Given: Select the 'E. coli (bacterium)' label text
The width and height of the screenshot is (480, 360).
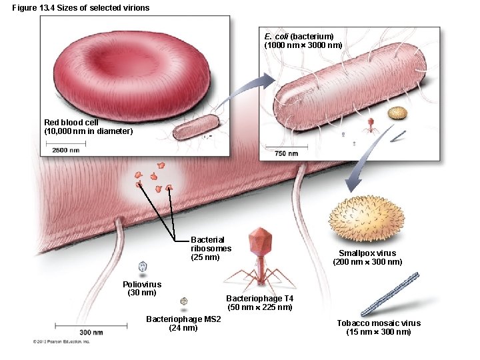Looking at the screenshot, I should click(x=299, y=36).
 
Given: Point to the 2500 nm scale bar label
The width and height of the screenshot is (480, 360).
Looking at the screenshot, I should click(x=66, y=150).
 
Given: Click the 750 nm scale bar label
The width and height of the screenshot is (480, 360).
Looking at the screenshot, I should click(x=287, y=154).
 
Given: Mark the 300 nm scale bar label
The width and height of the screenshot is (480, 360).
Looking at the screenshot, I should click(x=91, y=331).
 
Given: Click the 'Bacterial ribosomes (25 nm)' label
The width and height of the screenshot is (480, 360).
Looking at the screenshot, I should click(x=211, y=248).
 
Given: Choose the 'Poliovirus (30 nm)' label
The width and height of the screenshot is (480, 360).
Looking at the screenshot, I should click(x=142, y=289).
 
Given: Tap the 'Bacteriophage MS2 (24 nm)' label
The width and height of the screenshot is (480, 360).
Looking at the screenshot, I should click(x=183, y=323).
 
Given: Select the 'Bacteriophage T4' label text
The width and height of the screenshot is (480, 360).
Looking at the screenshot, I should click(x=259, y=298).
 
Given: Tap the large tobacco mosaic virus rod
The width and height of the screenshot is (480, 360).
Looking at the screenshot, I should click(x=389, y=294).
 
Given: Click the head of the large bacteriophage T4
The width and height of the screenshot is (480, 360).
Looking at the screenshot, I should click(x=259, y=241).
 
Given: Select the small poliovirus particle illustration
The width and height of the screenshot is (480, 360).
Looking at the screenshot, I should click(x=143, y=266).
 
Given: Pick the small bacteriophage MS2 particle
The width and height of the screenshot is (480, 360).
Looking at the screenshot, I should click(x=184, y=301).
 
